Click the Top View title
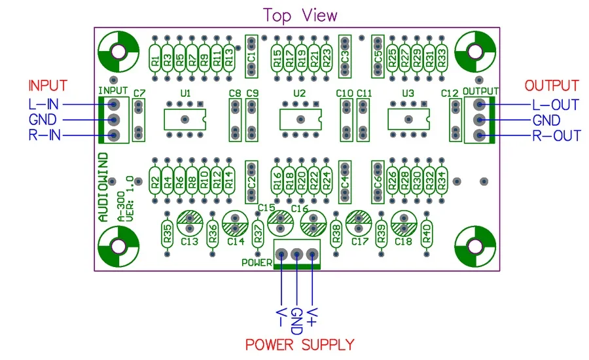tap(300, 15)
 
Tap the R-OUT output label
tap(556, 136)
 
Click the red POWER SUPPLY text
tap(300, 344)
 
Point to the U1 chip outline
tap(185, 119)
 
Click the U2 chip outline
tap(300, 119)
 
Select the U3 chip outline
tap(409, 119)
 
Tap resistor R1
tap(155, 61)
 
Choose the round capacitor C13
tap(188, 225)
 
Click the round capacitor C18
tap(403, 225)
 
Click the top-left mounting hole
tap(118, 52)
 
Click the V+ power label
tap(313, 316)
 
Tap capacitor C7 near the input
tap(139, 119)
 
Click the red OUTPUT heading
tap(552, 86)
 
